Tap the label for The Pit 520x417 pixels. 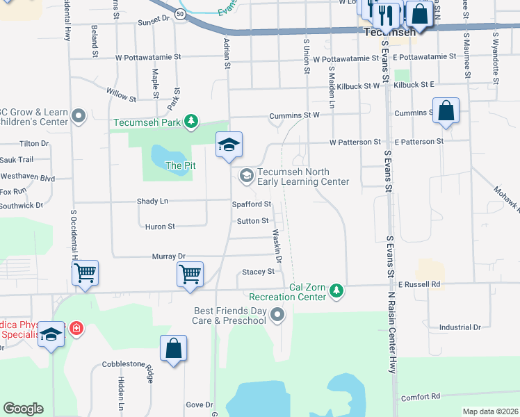(180, 165)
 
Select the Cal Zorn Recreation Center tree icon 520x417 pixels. (336, 289)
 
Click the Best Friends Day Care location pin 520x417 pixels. (278, 316)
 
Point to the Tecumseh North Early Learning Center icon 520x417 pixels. (246, 176)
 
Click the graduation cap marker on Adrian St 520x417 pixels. (229, 145)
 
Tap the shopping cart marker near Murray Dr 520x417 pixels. (190, 274)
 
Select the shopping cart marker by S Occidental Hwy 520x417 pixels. (85, 273)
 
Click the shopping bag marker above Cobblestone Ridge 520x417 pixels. (173, 349)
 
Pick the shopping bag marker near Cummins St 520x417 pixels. (446, 111)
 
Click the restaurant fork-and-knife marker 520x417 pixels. (386, 13)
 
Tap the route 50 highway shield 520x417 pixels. (180, 15)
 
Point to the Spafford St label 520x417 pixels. (251, 204)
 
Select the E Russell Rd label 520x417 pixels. (420, 284)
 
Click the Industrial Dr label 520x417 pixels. (460, 327)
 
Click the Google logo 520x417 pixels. (23, 409)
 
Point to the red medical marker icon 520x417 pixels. (76, 327)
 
